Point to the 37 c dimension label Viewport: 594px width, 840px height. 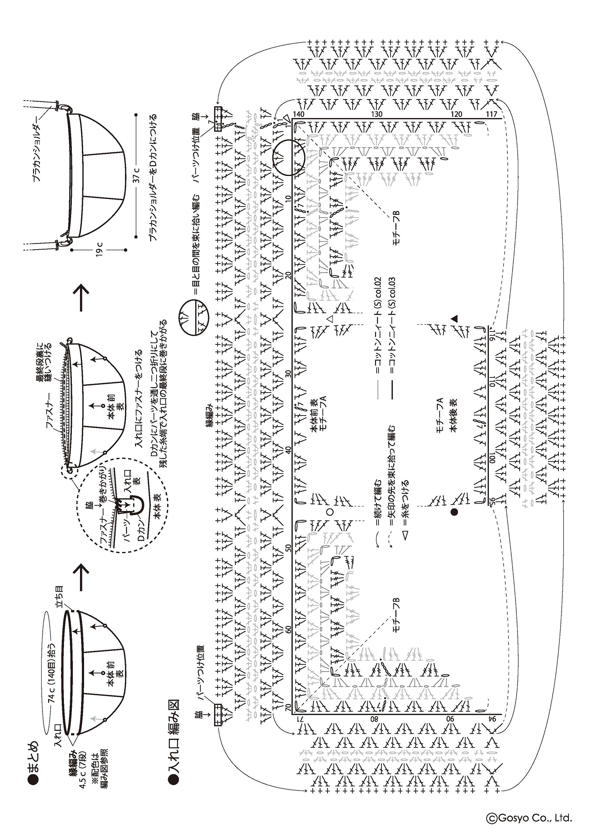[x=136, y=176]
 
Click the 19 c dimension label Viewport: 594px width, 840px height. [x=99, y=250]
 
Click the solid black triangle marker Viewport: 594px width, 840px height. [x=454, y=318]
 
